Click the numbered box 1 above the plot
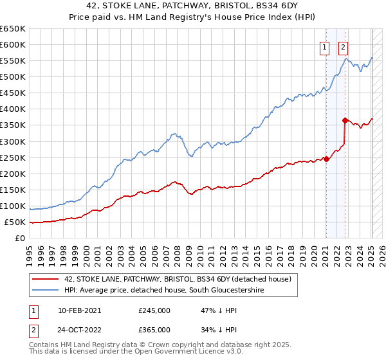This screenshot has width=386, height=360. (325, 47)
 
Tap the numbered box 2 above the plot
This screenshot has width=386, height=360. (344, 47)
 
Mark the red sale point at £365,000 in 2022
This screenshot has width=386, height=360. (345, 120)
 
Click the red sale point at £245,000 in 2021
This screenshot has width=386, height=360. (326, 159)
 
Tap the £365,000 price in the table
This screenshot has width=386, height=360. (154, 330)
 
